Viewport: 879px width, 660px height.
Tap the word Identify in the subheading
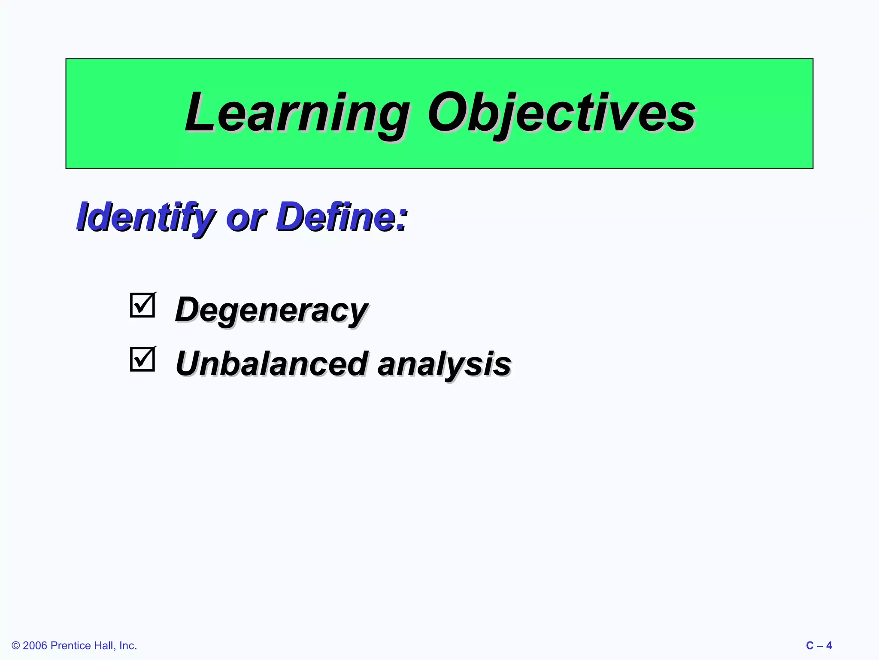[145, 217]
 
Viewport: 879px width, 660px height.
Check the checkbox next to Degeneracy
[142, 305]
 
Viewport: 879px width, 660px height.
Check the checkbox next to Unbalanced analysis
[142, 359]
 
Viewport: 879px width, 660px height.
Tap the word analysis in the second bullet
[444, 364]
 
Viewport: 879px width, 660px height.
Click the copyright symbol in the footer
[16, 646]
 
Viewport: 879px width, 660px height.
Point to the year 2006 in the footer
[35, 646]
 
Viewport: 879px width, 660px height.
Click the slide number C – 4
[819, 646]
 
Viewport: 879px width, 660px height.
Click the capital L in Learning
[200, 113]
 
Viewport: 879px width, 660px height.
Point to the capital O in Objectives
[446, 113]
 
